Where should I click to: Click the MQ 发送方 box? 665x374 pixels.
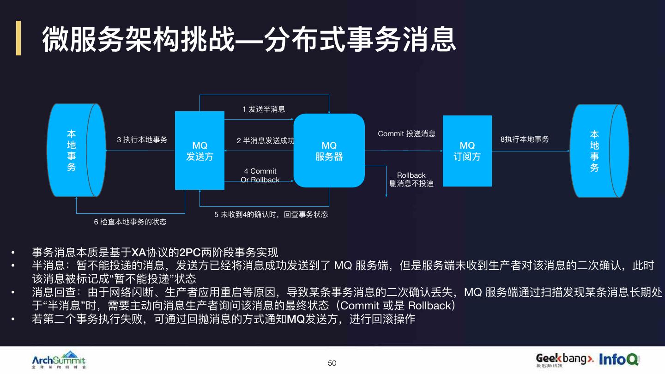point(199,151)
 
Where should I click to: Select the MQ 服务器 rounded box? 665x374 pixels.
point(329,151)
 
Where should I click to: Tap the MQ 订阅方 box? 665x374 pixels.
point(467,151)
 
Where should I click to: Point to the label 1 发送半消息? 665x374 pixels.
point(264,109)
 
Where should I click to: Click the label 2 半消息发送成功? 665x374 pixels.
point(266,140)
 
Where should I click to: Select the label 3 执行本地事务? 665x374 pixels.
point(142,139)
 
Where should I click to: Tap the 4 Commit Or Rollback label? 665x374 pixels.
point(260,175)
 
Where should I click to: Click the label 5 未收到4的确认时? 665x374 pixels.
point(271,214)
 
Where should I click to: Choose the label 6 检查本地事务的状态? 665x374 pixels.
point(130,222)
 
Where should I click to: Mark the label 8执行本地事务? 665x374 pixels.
point(525,139)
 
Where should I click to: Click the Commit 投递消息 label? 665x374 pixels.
point(406,134)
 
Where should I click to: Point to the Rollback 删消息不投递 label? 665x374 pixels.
point(411,180)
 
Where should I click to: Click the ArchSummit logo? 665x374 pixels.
point(59,360)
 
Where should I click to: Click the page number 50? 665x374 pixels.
point(332,363)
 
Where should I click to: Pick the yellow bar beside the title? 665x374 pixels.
point(18,38)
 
